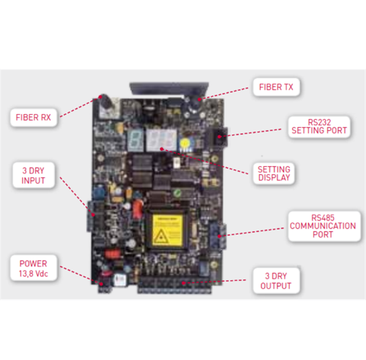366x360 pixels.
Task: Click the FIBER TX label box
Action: click(276, 87)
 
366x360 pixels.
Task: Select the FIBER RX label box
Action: click(34, 118)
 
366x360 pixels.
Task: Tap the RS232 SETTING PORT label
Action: click(319, 127)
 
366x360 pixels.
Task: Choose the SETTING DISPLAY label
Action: click(274, 173)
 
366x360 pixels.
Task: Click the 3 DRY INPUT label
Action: click(34, 176)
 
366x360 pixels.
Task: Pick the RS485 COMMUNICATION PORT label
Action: click(324, 226)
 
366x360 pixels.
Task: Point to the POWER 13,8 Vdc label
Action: click(34, 269)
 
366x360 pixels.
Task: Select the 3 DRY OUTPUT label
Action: click(276, 281)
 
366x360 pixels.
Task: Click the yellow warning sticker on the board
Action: click(168, 230)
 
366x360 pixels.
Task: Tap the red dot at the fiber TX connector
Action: click(199, 100)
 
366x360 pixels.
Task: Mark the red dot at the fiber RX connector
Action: click(100, 97)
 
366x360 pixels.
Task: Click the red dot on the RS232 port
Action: click(220, 137)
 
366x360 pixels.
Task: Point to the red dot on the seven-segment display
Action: click(162, 149)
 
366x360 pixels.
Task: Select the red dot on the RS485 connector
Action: click(220, 236)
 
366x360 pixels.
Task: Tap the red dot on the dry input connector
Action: click(93, 215)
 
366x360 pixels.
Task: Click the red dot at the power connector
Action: click(101, 284)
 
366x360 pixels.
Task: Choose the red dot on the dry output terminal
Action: click(184, 283)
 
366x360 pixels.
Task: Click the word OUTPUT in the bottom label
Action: click(276, 286)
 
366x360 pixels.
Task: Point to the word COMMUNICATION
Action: click(323, 226)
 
